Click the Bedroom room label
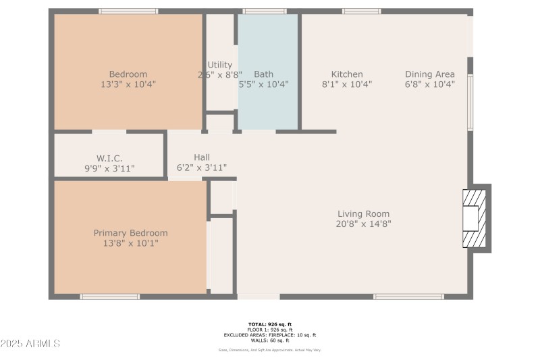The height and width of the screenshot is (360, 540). tap(128, 74)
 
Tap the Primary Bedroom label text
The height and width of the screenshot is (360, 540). tap(130, 233)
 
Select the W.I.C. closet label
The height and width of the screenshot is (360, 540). tap(109, 158)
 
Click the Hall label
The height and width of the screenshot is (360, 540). tap(201, 157)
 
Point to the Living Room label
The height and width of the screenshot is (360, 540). tap(363, 214)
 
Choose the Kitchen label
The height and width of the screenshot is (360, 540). tap(347, 74)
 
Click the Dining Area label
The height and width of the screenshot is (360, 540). tap(429, 74)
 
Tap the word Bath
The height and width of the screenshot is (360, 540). tap(263, 74)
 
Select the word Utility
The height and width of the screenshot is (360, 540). tap(220, 65)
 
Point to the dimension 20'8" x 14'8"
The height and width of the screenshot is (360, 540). tap(363, 224)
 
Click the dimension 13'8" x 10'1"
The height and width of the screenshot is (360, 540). tap(130, 243)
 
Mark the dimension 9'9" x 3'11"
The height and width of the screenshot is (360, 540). tap(109, 168)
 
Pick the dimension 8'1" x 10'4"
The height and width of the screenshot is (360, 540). tap(347, 84)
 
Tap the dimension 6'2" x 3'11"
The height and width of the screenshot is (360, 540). tap(201, 168)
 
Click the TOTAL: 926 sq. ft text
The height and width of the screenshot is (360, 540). tap(269, 324)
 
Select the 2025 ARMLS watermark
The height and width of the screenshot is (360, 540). tap(30, 344)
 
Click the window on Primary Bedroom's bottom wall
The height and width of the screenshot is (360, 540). tap(110, 297)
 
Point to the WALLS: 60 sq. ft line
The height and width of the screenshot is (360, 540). tap(269, 340)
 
